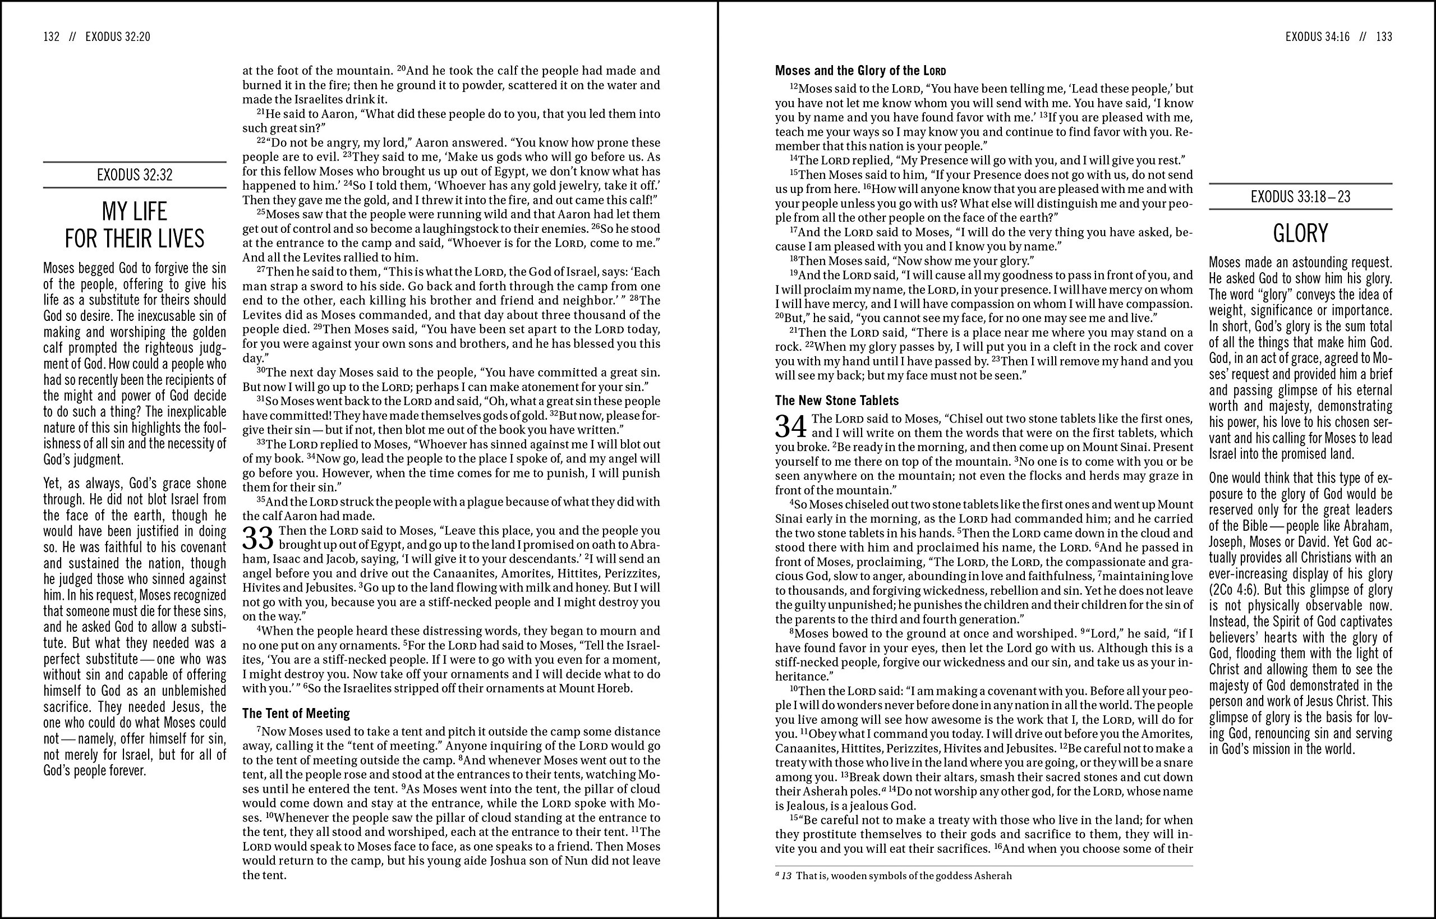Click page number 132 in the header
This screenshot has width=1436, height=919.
tap(51, 37)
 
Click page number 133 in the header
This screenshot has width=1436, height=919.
tap(1384, 37)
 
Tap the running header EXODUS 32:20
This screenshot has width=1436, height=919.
tap(118, 37)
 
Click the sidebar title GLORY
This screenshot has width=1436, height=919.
tap(1301, 233)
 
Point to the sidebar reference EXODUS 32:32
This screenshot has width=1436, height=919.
tap(134, 175)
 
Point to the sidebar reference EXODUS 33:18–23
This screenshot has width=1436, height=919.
tap(1301, 197)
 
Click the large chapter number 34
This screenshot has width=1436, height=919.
tap(791, 426)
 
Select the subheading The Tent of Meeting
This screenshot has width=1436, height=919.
tap(296, 714)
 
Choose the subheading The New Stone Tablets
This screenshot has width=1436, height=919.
tap(836, 401)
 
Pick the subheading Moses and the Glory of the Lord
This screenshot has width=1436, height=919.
tap(860, 71)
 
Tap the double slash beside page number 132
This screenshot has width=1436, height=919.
tap(73, 37)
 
